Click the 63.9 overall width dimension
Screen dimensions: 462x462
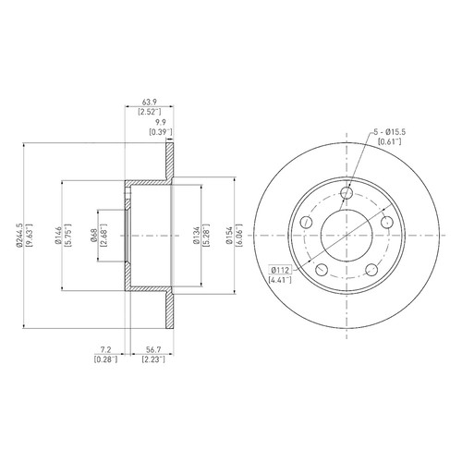(x=150, y=102)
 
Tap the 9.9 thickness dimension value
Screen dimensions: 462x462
(x=161, y=122)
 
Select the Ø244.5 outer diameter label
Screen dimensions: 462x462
(x=19, y=236)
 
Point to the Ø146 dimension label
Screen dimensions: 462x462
(x=58, y=236)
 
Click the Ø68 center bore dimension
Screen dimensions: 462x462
(x=93, y=236)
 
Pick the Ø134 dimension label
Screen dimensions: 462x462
(x=197, y=236)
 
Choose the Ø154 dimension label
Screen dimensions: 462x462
(x=229, y=236)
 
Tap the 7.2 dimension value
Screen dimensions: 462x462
(x=105, y=349)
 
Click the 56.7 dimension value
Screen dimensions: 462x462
(x=153, y=349)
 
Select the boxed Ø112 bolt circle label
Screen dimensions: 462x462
(x=281, y=270)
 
